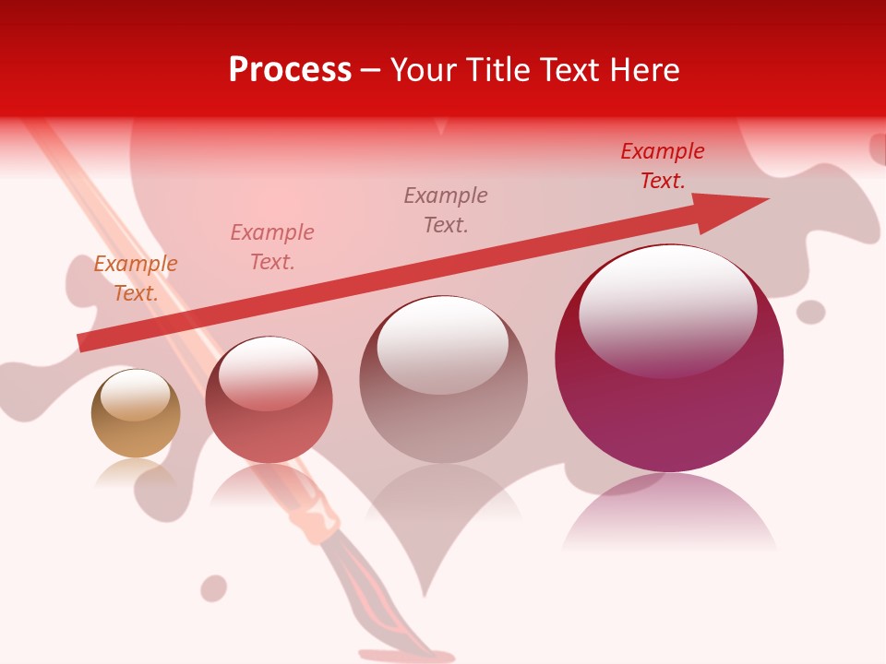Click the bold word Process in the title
pyautogui.click(x=290, y=70)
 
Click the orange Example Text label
pyautogui.click(x=136, y=279)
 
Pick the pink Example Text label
pyautogui.click(x=272, y=247)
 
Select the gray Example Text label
pyautogui.click(x=446, y=209)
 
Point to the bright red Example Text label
pyautogui.click(x=663, y=166)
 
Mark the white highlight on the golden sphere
pyautogui.click(x=136, y=395)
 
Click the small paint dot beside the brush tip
pyautogui.click(x=214, y=587)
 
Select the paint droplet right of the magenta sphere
pyautogui.click(x=810, y=312)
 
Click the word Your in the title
pyautogui.click(x=423, y=70)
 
